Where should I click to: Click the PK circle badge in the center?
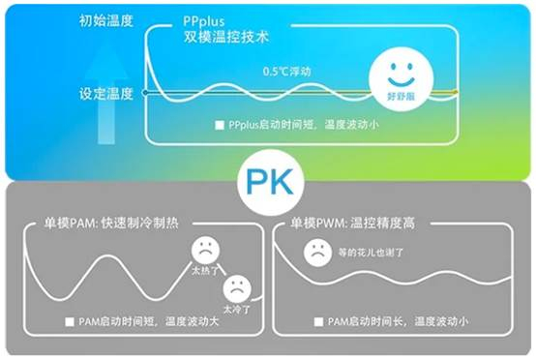point(271,182)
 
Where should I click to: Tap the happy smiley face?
point(402,79)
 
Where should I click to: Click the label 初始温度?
point(106,21)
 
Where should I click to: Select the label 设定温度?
point(106,93)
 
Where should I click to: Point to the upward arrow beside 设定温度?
point(106,98)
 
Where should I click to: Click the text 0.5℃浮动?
point(286,72)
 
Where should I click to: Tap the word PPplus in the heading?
point(204,21)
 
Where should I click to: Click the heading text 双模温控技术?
point(226,37)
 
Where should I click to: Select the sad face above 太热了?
point(205,250)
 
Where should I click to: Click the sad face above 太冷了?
point(237,288)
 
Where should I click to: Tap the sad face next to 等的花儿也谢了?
point(317,253)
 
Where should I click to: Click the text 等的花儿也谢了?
point(371,253)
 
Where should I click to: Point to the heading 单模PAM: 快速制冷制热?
point(111,224)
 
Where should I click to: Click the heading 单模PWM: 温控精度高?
point(352,224)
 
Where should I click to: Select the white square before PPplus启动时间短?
point(219,125)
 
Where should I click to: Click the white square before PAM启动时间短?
point(70,321)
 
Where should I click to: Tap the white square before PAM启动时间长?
point(318,321)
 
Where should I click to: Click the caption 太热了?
point(205,271)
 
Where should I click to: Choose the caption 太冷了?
point(237,310)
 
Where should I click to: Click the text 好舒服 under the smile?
point(401,97)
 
